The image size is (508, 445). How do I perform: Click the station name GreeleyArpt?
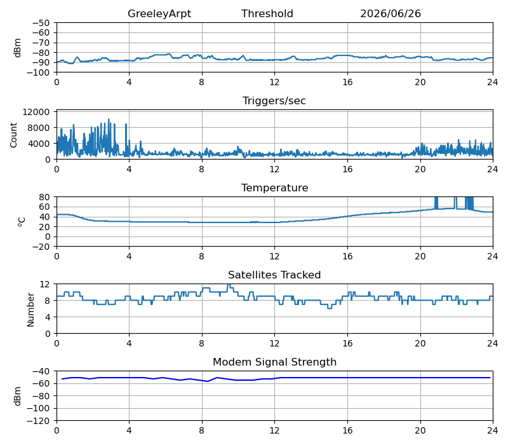tap(159, 14)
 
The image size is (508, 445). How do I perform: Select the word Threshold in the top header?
tap(267, 13)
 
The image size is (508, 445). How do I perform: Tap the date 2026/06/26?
tap(391, 13)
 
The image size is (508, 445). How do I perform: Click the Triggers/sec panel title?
tap(274, 101)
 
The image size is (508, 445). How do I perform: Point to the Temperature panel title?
tap(275, 188)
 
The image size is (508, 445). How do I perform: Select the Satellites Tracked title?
tap(274, 275)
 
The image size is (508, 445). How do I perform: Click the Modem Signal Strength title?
tap(275, 362)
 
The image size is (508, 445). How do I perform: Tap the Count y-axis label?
tap(13, 135)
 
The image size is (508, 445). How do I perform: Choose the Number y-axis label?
tap(30, 310)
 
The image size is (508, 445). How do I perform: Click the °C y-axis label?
tap(22, 222)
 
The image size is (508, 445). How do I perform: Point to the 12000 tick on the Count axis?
tap(36, 112)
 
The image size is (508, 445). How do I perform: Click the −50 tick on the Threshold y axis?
tap(41, 23)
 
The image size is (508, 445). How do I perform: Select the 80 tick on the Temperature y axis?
tap(44, 197)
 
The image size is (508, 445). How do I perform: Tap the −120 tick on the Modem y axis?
tap(38, 421)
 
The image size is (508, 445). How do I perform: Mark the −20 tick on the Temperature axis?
tap(41, 247)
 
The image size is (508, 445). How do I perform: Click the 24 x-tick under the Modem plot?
tap(493, 431)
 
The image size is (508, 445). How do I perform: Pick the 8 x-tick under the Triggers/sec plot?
tap(201, 169)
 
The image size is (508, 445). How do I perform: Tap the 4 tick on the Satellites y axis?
tap(48, 317)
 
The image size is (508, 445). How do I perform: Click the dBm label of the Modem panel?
tap(18, 396)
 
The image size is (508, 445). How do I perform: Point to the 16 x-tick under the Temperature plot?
tap(347, 257)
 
